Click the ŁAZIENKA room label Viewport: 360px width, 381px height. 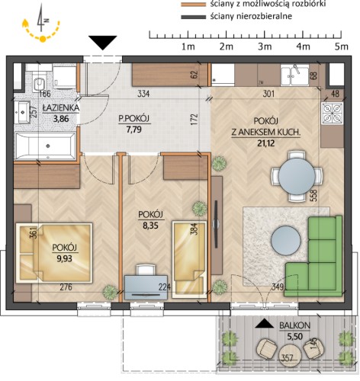click(61, 107)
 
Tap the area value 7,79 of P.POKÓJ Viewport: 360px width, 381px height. click(134, 130)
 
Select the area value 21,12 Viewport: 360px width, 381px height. click(266, 143)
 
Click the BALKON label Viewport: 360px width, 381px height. click(294, 325)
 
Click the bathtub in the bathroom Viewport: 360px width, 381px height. click(46, 146)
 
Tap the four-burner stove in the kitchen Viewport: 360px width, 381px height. click(333, 113)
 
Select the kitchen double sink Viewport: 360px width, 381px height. click(295, 75)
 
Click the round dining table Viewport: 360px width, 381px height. click(297, 176)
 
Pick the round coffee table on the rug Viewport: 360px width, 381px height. click(286, 240)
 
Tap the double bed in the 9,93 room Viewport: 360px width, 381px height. click(54, 252)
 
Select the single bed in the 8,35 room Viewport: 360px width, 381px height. click(189, 259)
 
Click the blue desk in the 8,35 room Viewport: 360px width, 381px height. click(146, 287)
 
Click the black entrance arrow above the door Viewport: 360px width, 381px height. click(103, 43)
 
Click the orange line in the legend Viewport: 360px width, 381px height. click(193, 5)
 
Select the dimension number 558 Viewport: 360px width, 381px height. click(315, 196)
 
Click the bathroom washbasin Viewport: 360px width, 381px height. click(22, 112)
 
